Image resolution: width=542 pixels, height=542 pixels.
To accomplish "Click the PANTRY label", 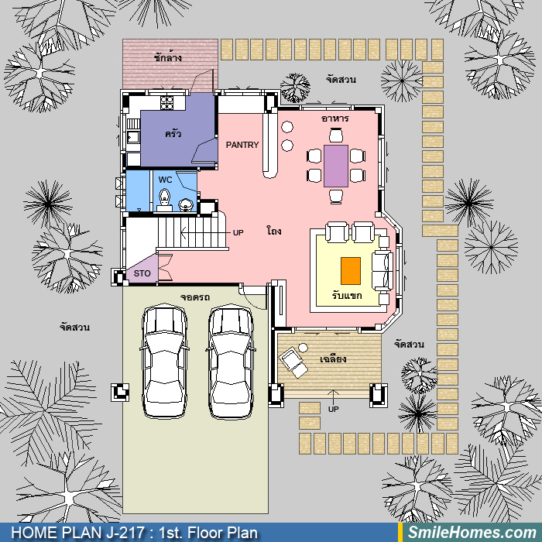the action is pyautogui.click(x=242, y=145).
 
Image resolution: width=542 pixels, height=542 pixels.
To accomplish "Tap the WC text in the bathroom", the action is pyautogui.click(x=165, y=180).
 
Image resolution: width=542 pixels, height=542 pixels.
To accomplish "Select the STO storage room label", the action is pyautogui.click(x=142, y=273).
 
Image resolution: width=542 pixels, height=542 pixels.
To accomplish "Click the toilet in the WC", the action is pyautogui.click(x=164, y=200).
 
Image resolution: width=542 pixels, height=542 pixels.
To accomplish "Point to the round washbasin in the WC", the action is pyautogui.click(x=186, y=204).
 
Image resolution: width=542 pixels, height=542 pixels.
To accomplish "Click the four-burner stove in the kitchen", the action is pyautogui.click(x=166, y=103).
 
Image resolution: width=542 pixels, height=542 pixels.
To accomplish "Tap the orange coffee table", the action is pyautogui.click(x=351, y=271).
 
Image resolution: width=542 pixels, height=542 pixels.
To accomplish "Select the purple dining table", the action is pyautogui.click(x=335, y=166).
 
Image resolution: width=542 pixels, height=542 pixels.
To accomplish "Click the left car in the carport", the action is pyautogui.click(x=164, y=361).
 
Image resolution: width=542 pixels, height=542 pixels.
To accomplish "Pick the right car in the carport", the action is pyautogui.click(x=231, y=362).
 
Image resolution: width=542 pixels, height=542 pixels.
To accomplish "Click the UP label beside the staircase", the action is pyautogui.click(x=238, y=232).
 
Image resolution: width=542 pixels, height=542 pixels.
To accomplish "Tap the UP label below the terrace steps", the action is pyautogui.click(x=333, y=410).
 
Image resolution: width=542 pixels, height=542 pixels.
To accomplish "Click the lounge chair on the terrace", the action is pyautogui.click(x=293, y=362).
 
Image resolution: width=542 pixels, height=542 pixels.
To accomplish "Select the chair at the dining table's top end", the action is pyautogui.click(x=336, y=135).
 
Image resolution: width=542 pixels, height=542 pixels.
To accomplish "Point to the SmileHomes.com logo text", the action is pyautogui.click(x=472, y=533).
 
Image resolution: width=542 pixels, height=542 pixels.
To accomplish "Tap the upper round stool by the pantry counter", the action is pyautogui.click(x=287, y=127).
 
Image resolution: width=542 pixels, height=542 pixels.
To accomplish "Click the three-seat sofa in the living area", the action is pyautogui.click(x=382, y=271).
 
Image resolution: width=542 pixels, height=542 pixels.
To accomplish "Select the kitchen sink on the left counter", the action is pyautogui.click(x=133, y=137).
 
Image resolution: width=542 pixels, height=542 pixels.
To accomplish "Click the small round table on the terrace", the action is pyautogui.click(x=304, y=348).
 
